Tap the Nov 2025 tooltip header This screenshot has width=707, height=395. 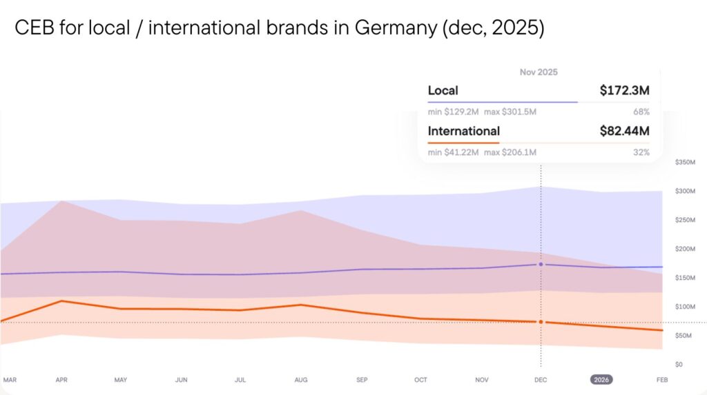[539, 72]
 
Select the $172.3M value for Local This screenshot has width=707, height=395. [625, 90]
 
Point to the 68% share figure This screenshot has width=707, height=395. [641, 111]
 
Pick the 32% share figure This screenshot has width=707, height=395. [641, 152]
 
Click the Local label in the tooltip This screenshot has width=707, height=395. [443, 90]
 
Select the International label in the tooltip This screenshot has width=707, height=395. [463, 131]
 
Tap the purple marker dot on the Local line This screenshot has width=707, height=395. [541, 264]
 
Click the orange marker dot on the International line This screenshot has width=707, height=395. [541, 322]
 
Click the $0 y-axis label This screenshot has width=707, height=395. [679, 364]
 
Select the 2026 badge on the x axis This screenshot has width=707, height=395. [601, 380]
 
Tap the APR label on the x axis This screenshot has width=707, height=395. [62, 380]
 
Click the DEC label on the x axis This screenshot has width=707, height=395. [541, 380]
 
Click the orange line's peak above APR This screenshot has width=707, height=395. [62, 301]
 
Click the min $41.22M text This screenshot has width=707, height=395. [453, 152]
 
